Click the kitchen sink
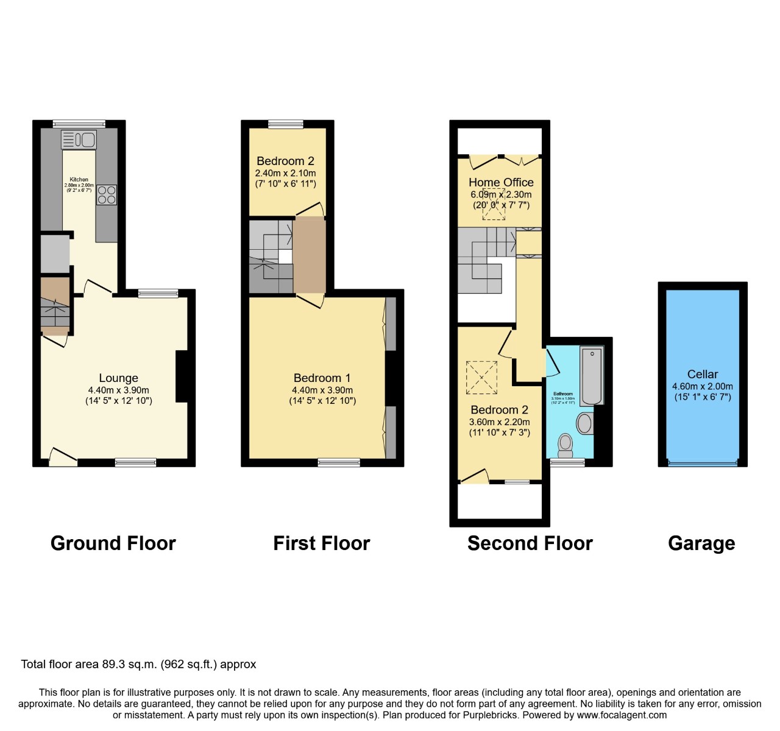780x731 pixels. [x=79, y=140]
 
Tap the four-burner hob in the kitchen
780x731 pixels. [x=107, y=194]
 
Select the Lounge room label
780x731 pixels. [x=118, y=378]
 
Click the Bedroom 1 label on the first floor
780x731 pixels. [x=322, y=378]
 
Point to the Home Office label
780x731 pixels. [x=501, y=182]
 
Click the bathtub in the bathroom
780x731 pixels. [x=591, y=376]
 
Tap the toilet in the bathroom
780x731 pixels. [x=565, y=444]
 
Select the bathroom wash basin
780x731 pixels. [x=585, y=423]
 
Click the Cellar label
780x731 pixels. [x=703, y=374]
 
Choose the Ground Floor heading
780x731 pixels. [x=113, y=543]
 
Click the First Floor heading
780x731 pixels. [x=321, y=543]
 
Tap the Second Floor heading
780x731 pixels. [x=530, y=543]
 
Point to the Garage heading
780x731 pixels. [x=701, y=543]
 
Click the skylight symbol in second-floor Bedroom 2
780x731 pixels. [x=481, y=378]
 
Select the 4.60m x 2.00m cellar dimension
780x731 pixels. [x=703, y=386]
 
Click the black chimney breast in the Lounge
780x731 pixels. [x=182, y=376]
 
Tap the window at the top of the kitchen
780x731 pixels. [x=79, y=124]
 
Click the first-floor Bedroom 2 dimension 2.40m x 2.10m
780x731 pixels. [x=285, y=173]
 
